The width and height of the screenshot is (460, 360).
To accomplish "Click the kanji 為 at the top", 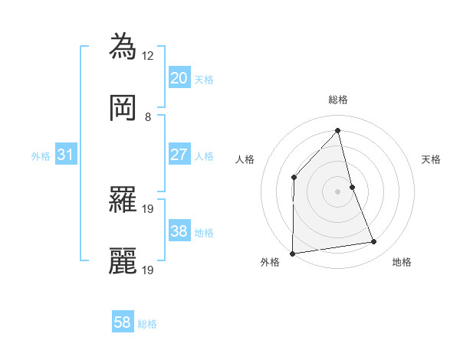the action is tap(123, 46).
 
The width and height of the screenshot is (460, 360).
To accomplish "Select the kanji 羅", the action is tap(123, 200).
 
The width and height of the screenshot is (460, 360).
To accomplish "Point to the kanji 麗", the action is tap(123, 261).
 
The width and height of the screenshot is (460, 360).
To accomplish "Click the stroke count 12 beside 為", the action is tap(148, 55).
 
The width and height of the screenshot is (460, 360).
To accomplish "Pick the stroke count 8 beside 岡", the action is tap(148, 117).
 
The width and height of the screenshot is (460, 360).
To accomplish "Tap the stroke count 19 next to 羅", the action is tap(148, 208).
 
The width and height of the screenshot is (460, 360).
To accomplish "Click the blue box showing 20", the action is tap(179, 77).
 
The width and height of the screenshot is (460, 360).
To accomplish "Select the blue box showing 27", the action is tap(179, 155).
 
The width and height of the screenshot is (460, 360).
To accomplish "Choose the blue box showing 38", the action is tap(179, 231).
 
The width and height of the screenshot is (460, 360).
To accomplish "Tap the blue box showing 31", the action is tap(65, 155).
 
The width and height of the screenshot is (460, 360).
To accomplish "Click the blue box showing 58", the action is tap(122, 323).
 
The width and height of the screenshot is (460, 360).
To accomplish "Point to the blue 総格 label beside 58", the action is tap(148, 324).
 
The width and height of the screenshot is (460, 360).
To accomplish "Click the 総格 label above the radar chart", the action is tap(337, 100).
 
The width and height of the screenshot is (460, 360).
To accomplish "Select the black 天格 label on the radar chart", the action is tap(431, 159).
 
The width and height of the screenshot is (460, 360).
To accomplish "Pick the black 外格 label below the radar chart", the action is tap(270, 262).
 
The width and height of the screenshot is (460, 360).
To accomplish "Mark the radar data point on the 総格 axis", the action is tap(337, 130).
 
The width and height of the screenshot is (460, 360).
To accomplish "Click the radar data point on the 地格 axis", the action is tap(374, 242).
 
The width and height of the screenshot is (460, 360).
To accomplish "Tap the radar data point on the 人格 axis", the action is tap(294, 178).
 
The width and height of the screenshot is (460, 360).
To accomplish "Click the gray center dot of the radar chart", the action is tap(337, 191).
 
